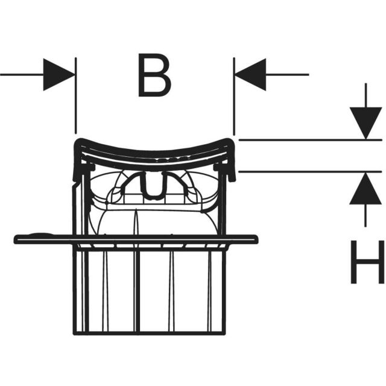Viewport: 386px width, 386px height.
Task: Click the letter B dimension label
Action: (x=154, y=75)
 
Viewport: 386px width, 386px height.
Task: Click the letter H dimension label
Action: (x=367, y=262)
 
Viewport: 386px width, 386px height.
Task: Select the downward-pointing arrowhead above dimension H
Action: (x=366, y=124)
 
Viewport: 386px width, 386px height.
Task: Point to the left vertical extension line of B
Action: (x=76, y=96)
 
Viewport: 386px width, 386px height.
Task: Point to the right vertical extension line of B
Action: (x=234, y=96)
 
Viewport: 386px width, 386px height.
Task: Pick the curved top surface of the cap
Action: (x=154, y=150)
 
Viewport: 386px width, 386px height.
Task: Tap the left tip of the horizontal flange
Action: (x=16, y=239)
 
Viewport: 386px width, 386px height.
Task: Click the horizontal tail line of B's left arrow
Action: (x=22, y=75)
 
